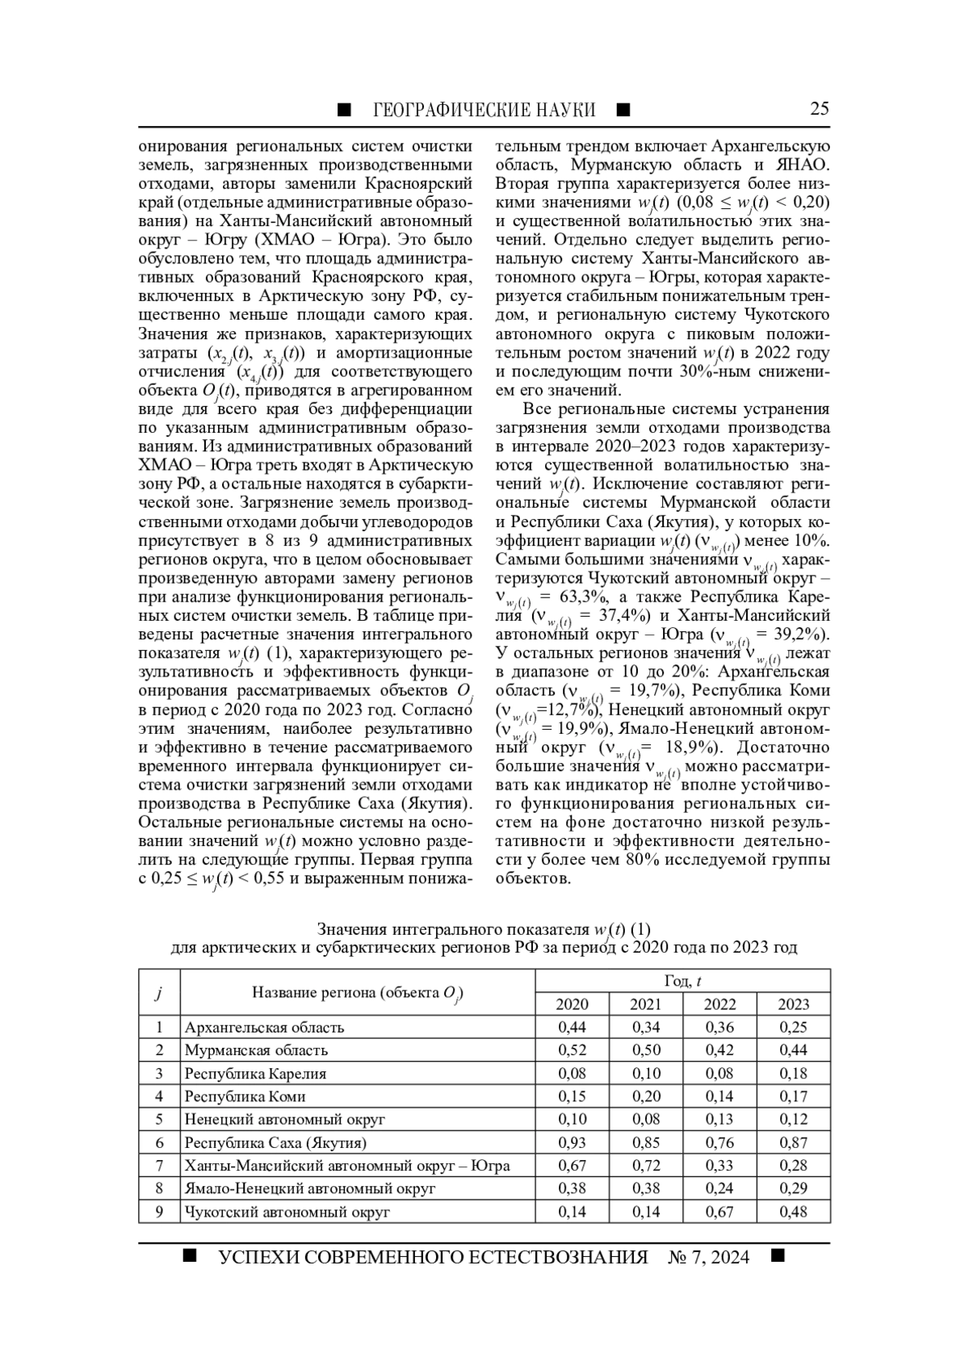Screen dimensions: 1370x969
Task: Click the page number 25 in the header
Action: point(819,109)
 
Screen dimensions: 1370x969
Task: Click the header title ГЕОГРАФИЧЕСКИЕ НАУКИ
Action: point(484,110)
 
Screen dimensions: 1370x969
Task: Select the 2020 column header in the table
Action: point(572,1004)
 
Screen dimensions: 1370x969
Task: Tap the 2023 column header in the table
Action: point(793,1004)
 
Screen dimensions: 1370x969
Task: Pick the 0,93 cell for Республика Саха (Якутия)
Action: point(572,1142)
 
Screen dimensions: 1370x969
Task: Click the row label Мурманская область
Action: point(256,1050)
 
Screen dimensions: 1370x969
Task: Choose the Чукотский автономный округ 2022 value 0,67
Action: point(719,1212)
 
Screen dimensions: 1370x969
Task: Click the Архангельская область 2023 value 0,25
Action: point(793,1027)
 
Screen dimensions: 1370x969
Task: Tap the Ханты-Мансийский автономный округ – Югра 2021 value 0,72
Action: point(646,1166)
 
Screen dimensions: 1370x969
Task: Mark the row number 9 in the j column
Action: point(159,1212)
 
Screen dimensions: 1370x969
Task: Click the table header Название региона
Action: point(357,993)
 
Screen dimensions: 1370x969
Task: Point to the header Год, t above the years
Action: point(682,981)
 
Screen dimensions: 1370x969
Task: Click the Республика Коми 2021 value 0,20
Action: point(646,1096)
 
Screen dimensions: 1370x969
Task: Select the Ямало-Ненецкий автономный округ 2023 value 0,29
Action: point(793,1188)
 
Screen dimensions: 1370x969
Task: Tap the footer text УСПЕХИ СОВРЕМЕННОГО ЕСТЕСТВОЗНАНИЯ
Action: point(433,1257)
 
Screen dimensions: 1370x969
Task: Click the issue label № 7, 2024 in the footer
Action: point(708,1257)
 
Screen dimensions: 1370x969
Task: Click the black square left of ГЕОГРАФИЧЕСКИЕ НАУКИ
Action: point(344,110)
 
